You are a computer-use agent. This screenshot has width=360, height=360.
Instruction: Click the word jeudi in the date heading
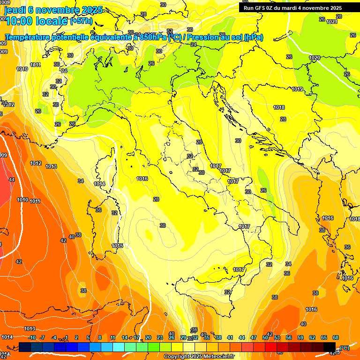(x=15, y=10)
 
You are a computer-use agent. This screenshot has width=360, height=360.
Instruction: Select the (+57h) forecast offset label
(x=81, y=21)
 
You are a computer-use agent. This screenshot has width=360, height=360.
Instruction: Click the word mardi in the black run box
(x=290, y=8)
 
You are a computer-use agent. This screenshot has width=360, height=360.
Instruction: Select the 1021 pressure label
(x=331, y=22)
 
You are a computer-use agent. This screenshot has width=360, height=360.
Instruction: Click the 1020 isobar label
(x=315, y=58)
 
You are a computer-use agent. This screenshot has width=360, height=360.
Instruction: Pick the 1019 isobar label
(x=297, y=89)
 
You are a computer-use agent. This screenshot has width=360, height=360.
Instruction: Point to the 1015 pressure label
(x=117, y=246)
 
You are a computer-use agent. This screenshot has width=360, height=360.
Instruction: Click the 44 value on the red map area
(x=11, y=180)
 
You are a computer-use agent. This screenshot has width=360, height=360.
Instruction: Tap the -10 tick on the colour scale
(x=32, y=337)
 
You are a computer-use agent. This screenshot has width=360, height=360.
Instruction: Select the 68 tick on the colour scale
(x=336, y=337)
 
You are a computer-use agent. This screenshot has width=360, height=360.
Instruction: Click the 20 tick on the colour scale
(x=148, y=337)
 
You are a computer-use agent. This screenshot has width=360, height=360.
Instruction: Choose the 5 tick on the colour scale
(x=89, y=337)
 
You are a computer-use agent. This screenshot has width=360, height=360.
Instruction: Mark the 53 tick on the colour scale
(x=277, y=337)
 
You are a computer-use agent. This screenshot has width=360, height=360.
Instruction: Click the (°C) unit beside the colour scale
(x=344, y=348)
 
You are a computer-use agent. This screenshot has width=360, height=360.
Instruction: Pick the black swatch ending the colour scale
(x=330, y=347)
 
